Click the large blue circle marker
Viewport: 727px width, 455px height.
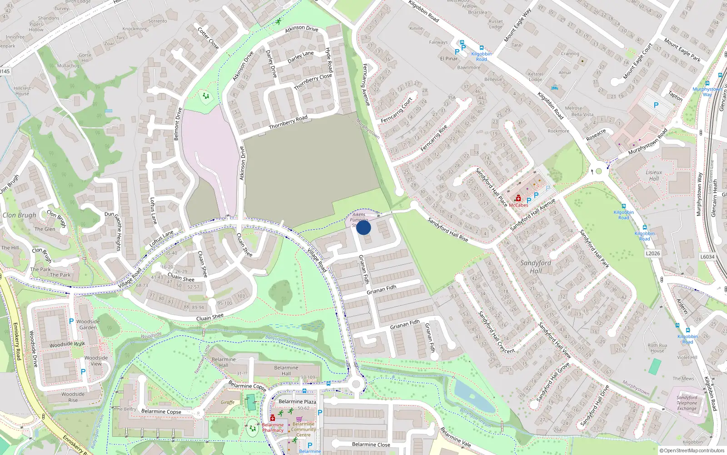[363, 227]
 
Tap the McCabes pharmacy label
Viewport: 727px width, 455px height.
[518, 205]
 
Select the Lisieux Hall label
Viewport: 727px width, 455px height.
[654, 175]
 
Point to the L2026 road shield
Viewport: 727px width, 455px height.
[652, 253]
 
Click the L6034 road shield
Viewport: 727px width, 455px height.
[707, 257]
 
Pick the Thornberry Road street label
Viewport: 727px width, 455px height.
[288, 122]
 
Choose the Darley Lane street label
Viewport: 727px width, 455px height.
[300, 57]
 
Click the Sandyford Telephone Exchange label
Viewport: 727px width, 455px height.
[687, 403]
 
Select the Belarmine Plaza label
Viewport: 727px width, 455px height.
[297, 401]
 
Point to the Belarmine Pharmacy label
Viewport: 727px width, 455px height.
[273, 427]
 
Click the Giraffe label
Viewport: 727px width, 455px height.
[228, 402]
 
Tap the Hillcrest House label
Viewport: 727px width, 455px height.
[22, 91]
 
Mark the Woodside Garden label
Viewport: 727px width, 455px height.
[88, 324]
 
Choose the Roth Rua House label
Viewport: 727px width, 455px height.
[657, 348]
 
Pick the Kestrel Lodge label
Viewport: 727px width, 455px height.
[535, 76]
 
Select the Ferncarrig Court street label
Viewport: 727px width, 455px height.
[396, 110]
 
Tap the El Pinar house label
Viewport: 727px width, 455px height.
[448, 58]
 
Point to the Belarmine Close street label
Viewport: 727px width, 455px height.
[371, 444]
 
